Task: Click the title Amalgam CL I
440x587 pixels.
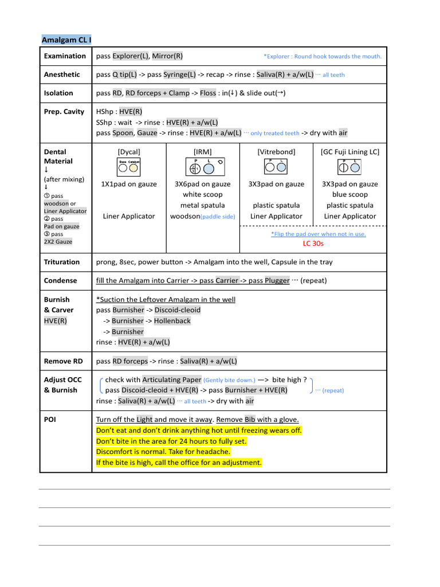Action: tap(66, 40)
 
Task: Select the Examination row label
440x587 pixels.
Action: tap(65, 56)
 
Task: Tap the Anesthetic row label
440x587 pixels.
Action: tap(62, 75)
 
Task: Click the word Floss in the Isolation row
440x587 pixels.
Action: tap(208, 93)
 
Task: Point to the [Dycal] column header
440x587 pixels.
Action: tap(129, 152)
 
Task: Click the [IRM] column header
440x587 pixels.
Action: tap(202, 152)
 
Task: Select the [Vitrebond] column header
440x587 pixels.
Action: tap(276, 152)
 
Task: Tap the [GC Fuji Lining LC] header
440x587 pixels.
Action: tap(349, 152)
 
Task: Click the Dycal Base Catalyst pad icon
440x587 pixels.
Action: tap(129, 166)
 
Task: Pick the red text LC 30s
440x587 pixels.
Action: tap(313, 244)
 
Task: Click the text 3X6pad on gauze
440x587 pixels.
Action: tap(202, 184)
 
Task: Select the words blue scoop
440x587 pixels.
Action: tap(349, 195)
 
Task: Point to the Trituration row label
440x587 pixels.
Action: tap(62, 262)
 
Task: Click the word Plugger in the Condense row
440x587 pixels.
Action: tap(277, 281)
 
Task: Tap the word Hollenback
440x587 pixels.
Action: tap(172, 321)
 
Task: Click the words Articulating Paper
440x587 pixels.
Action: tap(172, 379)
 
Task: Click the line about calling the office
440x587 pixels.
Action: tap(179, 463)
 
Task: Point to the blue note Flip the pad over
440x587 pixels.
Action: tap(318, 234)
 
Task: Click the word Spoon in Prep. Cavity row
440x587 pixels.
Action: tap(123, 133)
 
